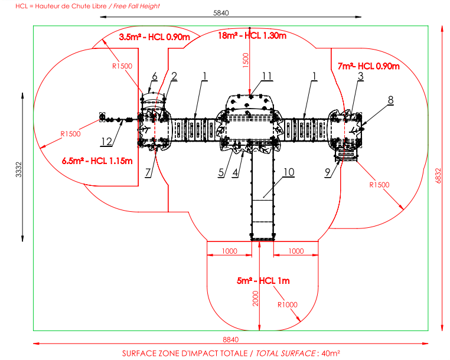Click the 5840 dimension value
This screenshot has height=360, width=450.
point(221,13)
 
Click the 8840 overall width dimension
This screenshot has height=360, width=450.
point(231,339)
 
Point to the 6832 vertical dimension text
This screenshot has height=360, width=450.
point(438,175)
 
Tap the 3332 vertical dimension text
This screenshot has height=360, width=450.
point(18,169)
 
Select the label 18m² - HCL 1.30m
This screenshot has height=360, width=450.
point(252,35)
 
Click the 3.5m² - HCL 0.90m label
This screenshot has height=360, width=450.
point(154,37)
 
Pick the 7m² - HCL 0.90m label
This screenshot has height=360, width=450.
point(369,66)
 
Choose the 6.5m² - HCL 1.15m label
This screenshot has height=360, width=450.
point(97,161)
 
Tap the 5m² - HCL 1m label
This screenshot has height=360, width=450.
point(263,280)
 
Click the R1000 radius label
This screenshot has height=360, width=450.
point(287,305)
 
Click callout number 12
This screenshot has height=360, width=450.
point(106,142)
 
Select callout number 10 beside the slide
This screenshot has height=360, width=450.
point(289,172)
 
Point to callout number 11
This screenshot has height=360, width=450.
point(267,76)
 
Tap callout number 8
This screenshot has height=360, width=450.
point(390,100)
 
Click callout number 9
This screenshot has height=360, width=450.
point(328,172)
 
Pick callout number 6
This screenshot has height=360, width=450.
point(155,76)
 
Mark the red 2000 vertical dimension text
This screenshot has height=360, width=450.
point(255,299)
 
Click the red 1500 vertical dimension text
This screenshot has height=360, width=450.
point(246,60)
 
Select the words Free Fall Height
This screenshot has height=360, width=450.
point(136,6)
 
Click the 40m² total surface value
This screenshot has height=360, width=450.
point(331,353)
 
